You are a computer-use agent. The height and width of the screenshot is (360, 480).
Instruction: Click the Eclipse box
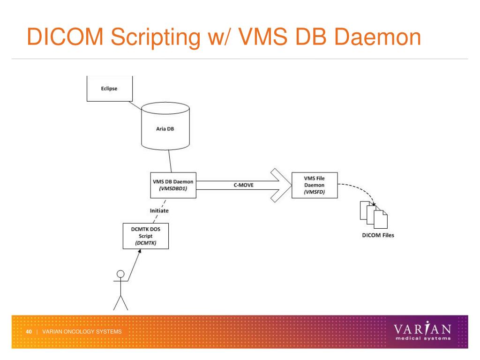[110, 89]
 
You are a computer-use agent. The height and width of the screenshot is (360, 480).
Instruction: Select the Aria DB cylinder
[165, 126]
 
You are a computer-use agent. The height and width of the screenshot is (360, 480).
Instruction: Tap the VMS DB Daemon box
[173, 185]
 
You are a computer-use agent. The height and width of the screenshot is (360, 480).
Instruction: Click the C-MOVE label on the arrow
[244, 185]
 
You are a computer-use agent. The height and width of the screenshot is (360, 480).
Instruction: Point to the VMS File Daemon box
[315, 185]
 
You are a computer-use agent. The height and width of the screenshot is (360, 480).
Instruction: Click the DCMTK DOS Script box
[146, 236]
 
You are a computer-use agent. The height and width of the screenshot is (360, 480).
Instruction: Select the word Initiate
[159, 210]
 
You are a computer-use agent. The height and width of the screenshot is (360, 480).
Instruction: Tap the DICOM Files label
[378, 235]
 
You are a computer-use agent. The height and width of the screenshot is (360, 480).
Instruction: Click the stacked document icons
[374, 215]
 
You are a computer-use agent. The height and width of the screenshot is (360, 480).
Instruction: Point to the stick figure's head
[120, 274]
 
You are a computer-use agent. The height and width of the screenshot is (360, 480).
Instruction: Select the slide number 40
[29, 331]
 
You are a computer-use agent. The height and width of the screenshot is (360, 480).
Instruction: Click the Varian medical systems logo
[422, 331]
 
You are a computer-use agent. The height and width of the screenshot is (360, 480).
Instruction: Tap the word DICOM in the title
[65, 37]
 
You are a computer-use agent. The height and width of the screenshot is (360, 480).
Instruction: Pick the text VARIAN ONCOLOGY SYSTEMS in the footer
[82, 331]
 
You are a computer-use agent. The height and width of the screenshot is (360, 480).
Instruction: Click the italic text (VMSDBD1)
[173, 188]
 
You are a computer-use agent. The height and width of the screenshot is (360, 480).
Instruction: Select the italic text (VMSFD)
[315, 192]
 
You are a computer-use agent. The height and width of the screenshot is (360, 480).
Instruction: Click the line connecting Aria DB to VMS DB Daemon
[170, 161]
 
